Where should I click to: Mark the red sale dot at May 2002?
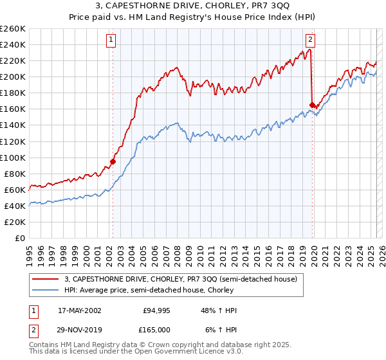point(113,161)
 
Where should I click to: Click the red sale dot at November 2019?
point(312,105)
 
